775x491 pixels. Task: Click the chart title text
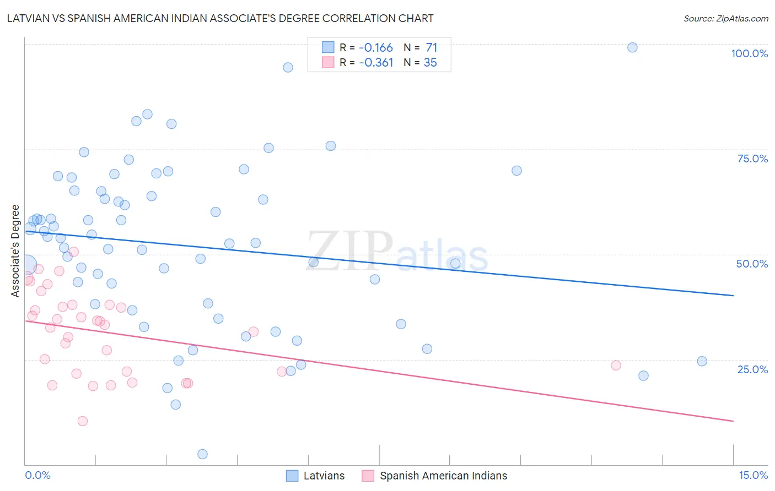pyautogui.click(x=220, y=18)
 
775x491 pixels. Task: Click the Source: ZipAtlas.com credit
pyautogui.click(x=725, y=18)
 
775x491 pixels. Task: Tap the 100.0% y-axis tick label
pyautogui.click(x=749, y=53)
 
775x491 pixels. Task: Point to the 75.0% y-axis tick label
pyautogui.click(x=752, y=159)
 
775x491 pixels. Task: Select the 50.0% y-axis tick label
pyautogui.click(x=752, y=264)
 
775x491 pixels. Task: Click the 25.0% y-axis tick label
pyautogui.click(x=752, y=369)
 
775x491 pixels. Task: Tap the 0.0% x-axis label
pyautogui.click(x=37, y=475)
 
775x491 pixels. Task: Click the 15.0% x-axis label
pyautogui.click(x=753, y=475)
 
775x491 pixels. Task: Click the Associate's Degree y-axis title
pyautogui.click(x=15, y=250)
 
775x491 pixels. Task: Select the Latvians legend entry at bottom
pyautogui.click(x=315, y=476)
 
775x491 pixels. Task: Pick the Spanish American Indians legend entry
pyautogui.click(x=435, y=476)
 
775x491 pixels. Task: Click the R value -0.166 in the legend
pyautogui.click(x=375, y=47)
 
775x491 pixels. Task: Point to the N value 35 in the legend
pyautogui.click(x=430, y=63)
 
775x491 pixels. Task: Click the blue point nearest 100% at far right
pyautogui.click(x=632, y=47)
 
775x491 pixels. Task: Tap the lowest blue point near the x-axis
pyautogui.click(x=202, y=454)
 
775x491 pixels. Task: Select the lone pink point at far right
pyautogui.click(x=616, y=365)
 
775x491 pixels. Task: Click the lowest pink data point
pyautogui.click(x=83, y=421)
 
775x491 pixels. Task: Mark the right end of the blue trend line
pyautogui.click(x=733, y=296)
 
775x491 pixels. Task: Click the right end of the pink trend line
pyautogui.click(x=733, y=421)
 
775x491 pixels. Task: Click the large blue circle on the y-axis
pyautogui.click(x=26, y=265)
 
